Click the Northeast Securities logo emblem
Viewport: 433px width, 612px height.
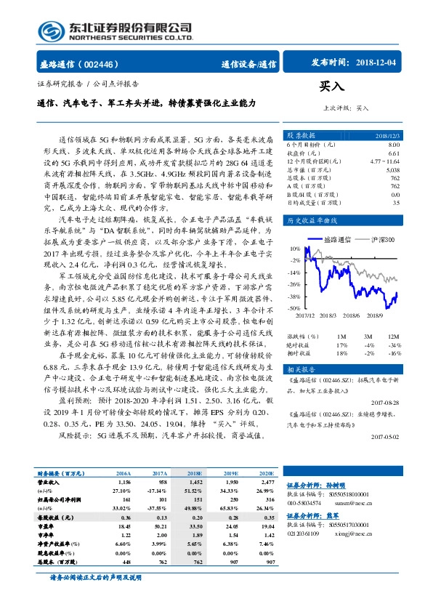(49, 31)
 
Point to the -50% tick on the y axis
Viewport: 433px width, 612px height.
(294, 308)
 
